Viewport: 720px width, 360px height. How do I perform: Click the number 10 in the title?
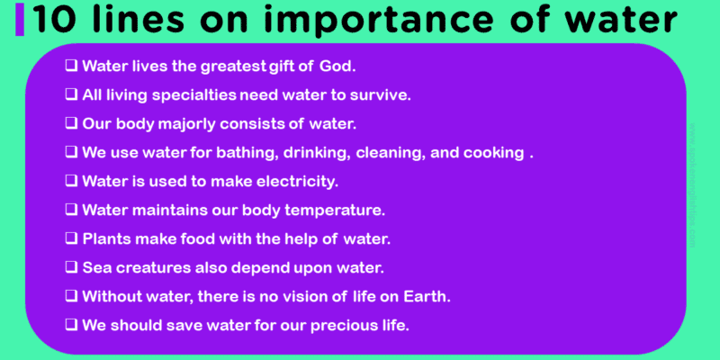coord(53,19)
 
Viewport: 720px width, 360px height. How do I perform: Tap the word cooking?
coord(491,152)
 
